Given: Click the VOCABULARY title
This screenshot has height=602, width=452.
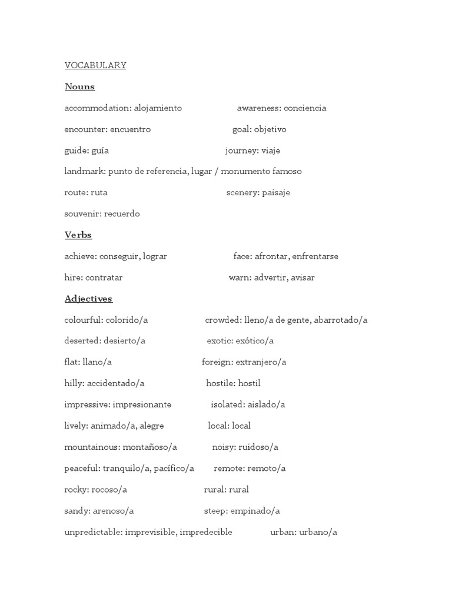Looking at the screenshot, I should click(95, 65).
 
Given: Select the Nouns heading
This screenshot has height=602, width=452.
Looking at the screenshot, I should click(79, 87).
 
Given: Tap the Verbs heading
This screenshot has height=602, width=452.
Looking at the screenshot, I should click(78, 235).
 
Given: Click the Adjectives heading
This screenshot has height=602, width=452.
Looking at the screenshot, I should click(88, 299).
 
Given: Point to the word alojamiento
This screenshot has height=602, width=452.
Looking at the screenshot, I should click(158, 108).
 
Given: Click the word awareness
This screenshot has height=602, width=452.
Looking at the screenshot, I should click(258, 108).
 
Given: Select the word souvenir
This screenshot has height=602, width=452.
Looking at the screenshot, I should click(82, 214).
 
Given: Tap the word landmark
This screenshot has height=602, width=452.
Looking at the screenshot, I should click(84, 172).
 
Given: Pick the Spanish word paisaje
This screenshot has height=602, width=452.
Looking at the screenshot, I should click(276, 193).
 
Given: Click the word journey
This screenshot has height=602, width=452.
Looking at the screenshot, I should click(241, 150).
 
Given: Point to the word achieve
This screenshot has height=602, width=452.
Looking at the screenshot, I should click(79, 256).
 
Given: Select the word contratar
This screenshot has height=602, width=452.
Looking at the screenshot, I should click(104, 277).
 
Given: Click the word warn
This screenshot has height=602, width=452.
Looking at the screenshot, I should click(239, 277).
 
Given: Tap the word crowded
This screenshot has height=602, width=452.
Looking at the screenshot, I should click(222, 320).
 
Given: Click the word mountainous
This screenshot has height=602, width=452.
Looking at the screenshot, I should click(91, 447).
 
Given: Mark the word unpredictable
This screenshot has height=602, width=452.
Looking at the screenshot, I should click(92, 532).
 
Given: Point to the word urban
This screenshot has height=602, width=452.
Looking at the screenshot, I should click(282, 532).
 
